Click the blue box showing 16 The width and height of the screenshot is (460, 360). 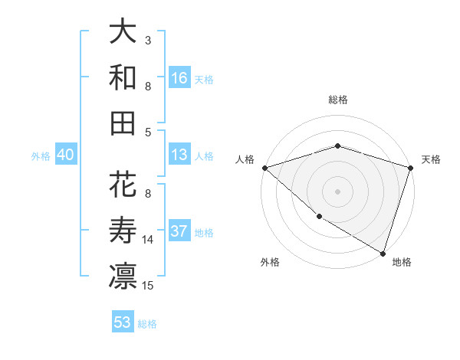tap(179, 78)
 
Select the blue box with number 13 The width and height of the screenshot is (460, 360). tap(179, 155)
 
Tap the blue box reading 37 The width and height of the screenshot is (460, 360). tap(179, 232)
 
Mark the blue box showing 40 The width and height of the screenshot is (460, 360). tap(65, 155)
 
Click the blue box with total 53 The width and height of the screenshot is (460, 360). tap(123, 322)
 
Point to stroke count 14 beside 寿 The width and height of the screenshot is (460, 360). tap(148, 240)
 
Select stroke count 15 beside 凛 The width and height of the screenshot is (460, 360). tap(148, 286)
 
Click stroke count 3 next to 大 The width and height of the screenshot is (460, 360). tap(148, 40)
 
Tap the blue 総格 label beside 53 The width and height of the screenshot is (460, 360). tap(147, 324)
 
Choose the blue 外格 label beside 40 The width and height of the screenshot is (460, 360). tap(41, 156)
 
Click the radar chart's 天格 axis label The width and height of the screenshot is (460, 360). tap(431, 159)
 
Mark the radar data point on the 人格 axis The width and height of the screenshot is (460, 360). tap(264, 168)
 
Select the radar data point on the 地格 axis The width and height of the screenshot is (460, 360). tap(383, 253)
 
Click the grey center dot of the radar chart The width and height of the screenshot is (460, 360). tap(337, 191)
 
